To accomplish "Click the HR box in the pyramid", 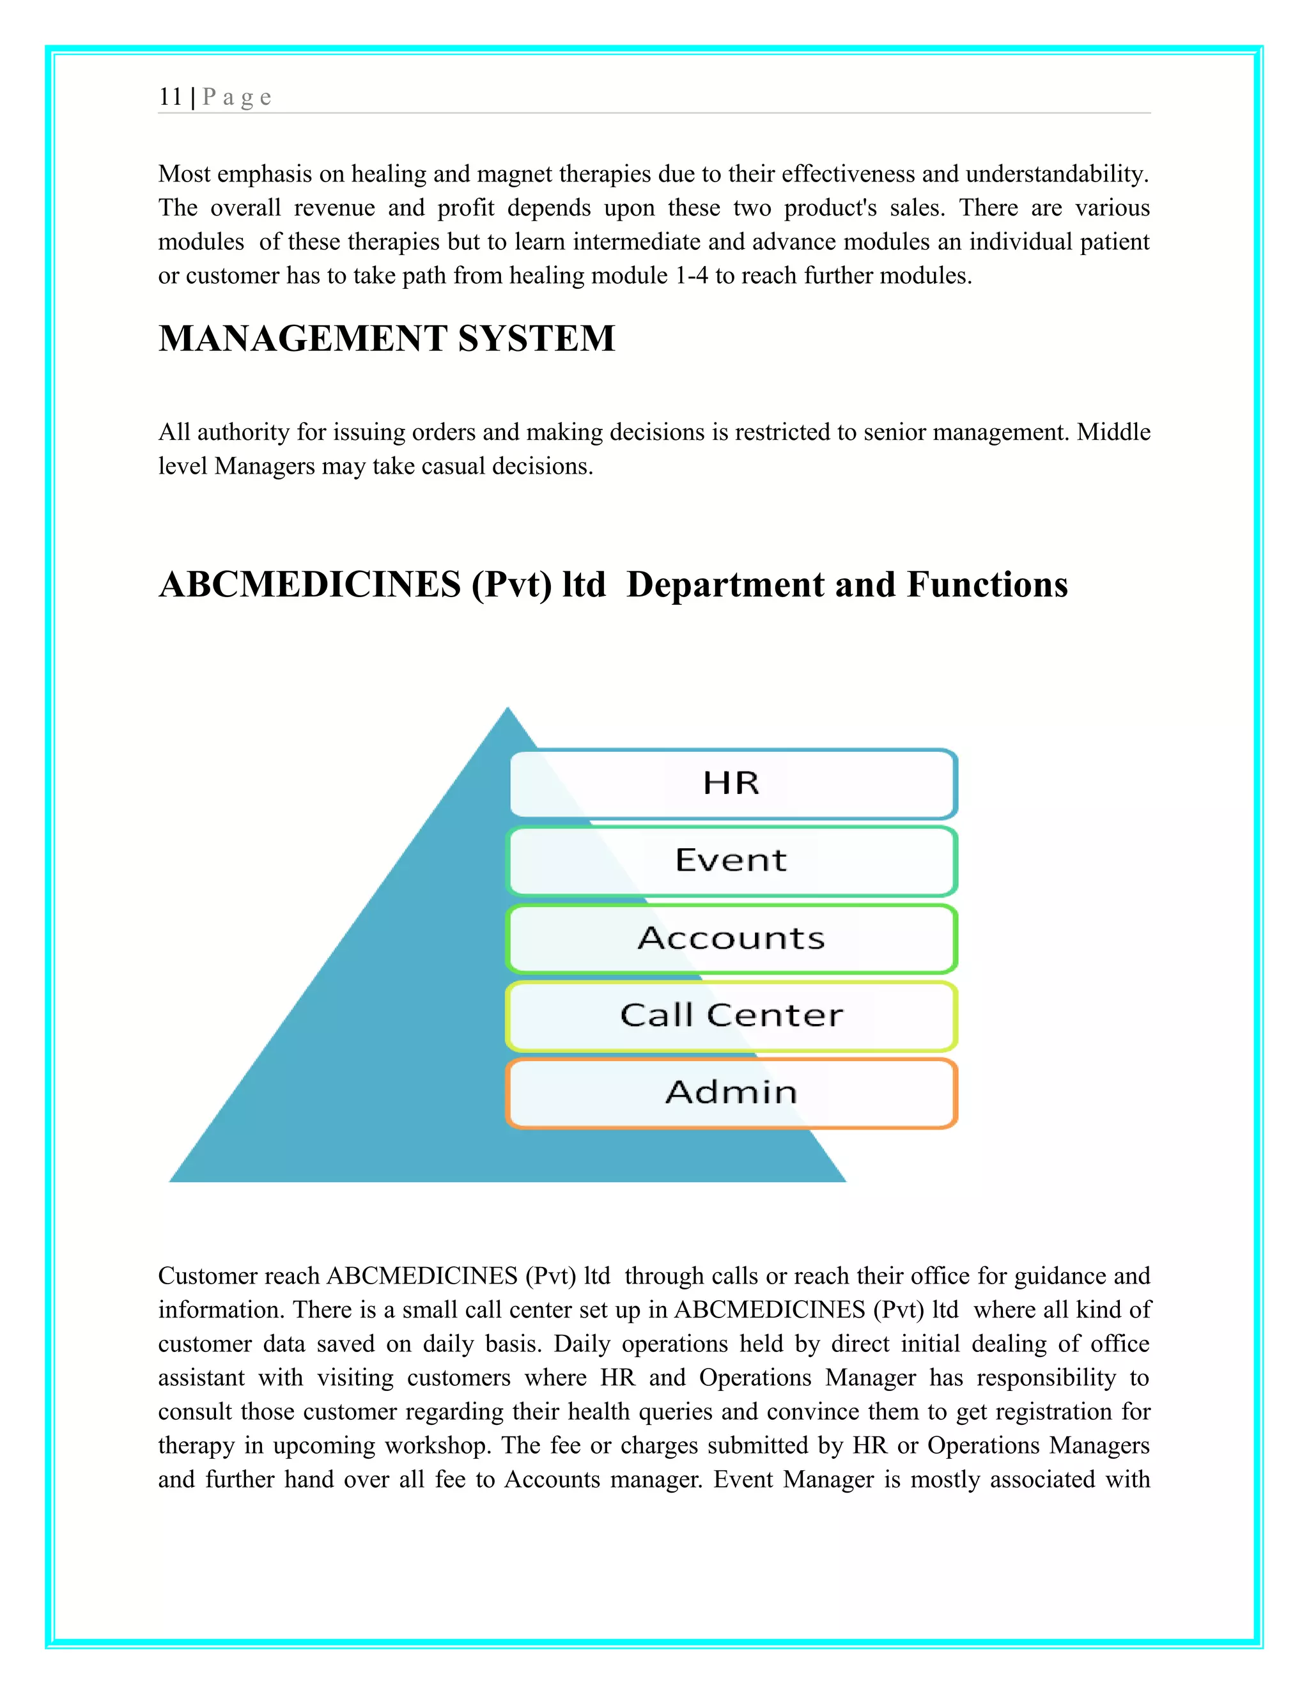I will [732, 784].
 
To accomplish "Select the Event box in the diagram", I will [732, 861].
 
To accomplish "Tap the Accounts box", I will [732, 938].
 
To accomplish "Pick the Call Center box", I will [732, 1015].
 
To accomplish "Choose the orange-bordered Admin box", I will [732, 1092].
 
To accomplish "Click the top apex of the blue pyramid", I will [508, 710].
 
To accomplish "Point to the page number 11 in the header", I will [170, 97].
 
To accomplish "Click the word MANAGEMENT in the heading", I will [302, 339].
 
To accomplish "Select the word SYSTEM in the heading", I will [537, 339].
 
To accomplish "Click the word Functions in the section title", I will [987, 585].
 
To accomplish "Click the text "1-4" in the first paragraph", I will [691, 276].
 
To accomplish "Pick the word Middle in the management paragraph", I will [1113, 432].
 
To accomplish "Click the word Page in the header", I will [236, 97].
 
